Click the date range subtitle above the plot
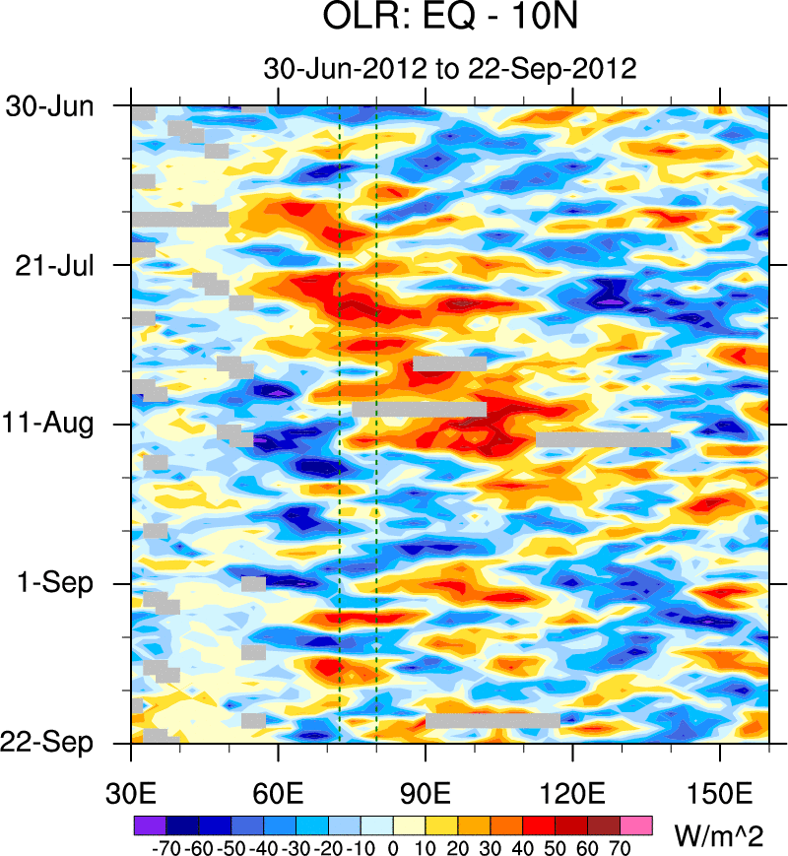tap(449, 69)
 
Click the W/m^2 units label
tap(718, 836)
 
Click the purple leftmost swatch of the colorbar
tap(148, 823)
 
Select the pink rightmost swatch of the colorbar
tap(636, 823)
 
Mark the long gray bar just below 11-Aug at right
tap(603, 439)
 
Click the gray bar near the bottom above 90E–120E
tap(492, 721)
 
